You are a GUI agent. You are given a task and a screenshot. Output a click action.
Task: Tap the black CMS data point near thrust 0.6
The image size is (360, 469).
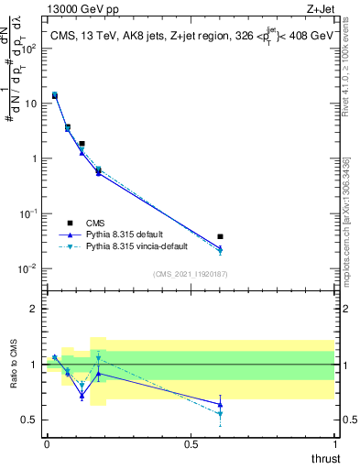tap(220, 236)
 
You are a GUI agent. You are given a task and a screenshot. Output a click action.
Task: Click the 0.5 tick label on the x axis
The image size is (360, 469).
tap(191, 442)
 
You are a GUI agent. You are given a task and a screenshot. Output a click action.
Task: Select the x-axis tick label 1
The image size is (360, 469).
tap(334, 442)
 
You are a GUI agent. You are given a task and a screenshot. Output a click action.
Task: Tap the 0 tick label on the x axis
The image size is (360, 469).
tap(47, 442)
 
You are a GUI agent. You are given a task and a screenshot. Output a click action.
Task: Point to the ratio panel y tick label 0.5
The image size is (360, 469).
tap(29, 420)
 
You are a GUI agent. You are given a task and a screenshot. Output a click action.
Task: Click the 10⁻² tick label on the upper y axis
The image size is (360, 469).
tap(27, 268)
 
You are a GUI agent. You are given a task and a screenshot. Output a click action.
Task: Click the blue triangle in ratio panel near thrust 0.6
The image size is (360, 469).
tap(220, 404)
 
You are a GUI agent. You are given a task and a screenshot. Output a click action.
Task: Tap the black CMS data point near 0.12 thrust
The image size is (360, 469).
tap(82, 144)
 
